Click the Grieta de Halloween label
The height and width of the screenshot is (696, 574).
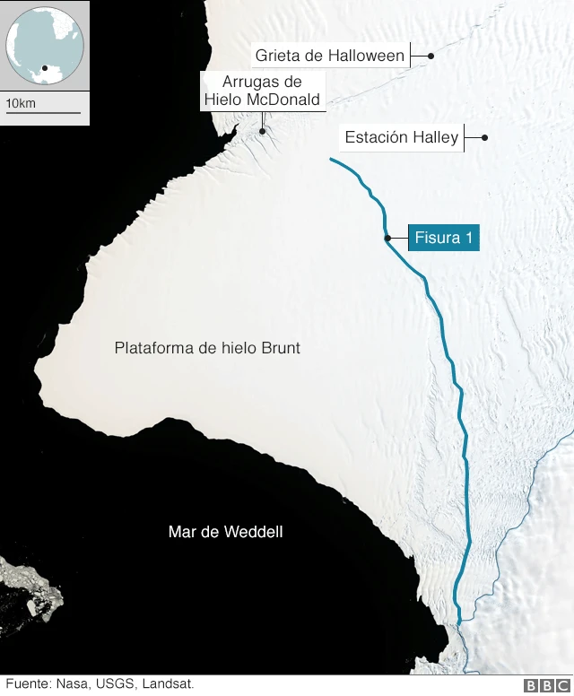(329, 56)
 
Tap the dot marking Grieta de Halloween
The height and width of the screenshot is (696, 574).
(431, 56)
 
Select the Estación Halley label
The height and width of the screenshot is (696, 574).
(401, 138)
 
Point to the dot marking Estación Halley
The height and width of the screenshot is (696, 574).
(484, 138)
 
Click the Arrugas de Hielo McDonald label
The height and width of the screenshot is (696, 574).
(261, 91)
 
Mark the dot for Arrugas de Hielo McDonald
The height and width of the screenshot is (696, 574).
(262, 132)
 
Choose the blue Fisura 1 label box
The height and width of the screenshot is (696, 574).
(443, 239)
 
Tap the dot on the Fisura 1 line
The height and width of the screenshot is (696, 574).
(387, 239)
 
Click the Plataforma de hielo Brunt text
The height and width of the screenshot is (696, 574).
(207, 348)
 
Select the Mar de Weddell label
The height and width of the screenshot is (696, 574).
(225, 532)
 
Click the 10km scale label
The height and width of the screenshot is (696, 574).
(21, 104)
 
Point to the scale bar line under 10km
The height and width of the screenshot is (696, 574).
(43, 114)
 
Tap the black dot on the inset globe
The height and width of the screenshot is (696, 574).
(44, 67)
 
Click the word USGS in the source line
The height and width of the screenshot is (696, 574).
(116, 684)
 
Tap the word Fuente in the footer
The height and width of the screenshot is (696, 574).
(28, 684)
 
